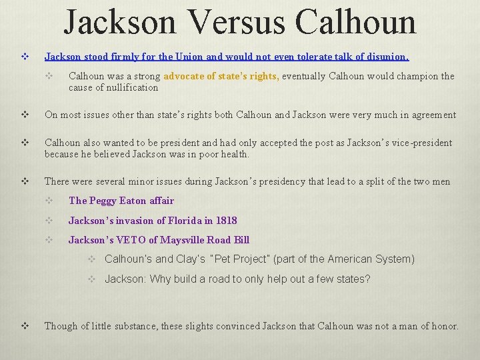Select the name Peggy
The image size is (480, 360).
tap(104, 201)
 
